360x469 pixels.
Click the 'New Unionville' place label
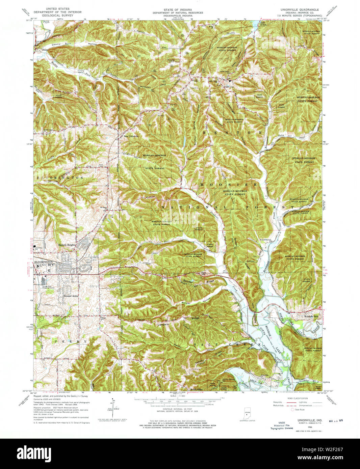pyautogui.click(x=131, y=136)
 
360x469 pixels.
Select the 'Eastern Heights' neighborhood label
pyautogui.click(x=67, y=245)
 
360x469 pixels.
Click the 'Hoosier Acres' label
pyautogui.click(x=71, y=296)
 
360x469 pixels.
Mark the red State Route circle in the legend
pyautogui.click(x=292, y=410)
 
